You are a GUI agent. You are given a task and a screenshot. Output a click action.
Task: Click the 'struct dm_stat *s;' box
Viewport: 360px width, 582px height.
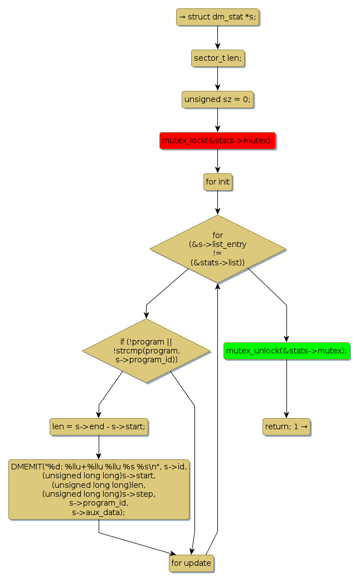[x=217, y=17]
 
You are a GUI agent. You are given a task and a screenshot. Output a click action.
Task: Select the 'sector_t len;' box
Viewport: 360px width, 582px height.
[x=217, y=58]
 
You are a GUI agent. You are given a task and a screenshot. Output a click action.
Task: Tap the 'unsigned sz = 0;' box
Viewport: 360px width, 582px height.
[x=217, y=99]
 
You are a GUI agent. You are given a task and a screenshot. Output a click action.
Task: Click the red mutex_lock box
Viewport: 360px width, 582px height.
[x=217, y=141]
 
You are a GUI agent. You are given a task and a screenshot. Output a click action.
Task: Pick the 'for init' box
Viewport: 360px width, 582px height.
[x=217, y=182]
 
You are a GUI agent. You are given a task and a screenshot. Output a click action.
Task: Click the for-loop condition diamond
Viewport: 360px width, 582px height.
[x=217, y=249]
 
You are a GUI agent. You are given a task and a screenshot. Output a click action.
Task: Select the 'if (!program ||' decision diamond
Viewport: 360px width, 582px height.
[x=147, y=351]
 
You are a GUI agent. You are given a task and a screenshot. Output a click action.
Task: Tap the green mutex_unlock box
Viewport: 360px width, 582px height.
[x=286, y=351]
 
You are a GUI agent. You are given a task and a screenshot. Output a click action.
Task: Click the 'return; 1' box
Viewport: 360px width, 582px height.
[x=286, y=427]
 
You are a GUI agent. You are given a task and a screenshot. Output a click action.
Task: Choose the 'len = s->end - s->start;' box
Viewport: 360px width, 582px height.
[x=99, y=427]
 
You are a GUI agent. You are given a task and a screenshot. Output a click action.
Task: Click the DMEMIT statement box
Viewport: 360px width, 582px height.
[x=99, y=489]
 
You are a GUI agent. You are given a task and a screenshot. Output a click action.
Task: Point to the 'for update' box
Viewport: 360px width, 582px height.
[x=191, y=563]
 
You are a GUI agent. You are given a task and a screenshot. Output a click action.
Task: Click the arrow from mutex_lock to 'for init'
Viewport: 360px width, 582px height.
[x=217, y=162]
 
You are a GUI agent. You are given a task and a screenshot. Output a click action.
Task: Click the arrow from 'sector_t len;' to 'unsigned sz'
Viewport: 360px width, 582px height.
[x=217, y=79]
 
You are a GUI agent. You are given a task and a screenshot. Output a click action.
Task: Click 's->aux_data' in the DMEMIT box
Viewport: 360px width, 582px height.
[x=99, y=512]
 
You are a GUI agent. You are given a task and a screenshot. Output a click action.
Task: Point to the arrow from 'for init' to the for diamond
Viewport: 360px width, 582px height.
[x=217, y=202]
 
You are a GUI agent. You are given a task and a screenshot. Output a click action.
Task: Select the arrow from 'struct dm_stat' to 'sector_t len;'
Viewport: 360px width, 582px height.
[x=217, y=37]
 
